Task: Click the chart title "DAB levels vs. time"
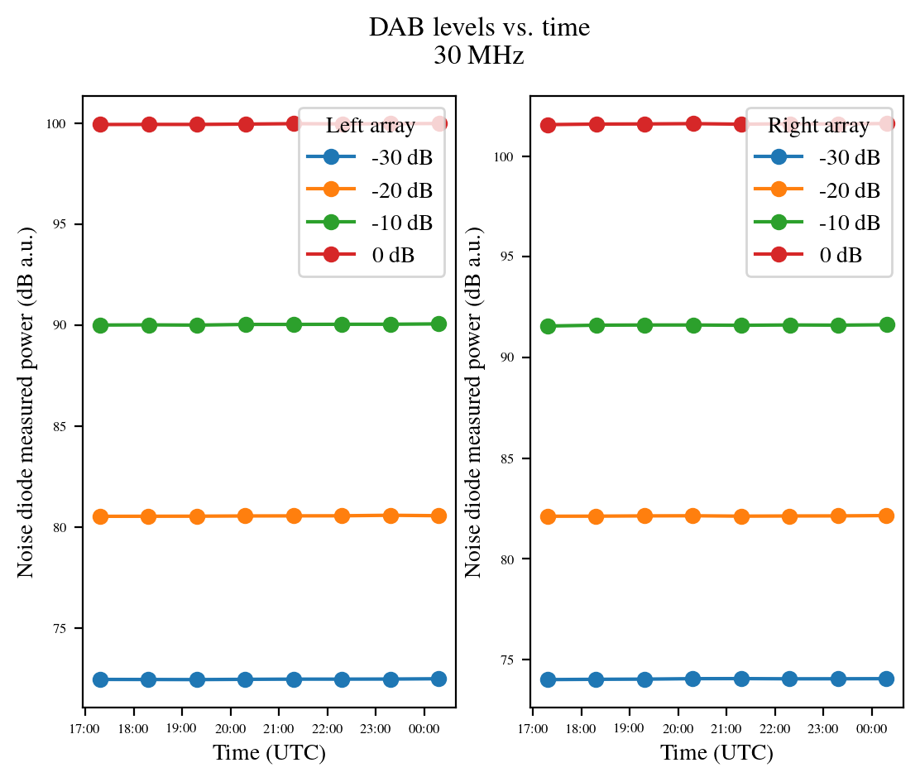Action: pyautogui.click(x=479, y=28)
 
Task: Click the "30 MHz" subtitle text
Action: pyautogui.click(x=479, y=56)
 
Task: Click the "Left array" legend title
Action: pyautogui.click(x=371, y=126)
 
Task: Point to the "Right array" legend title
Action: pyautogui.click(x=818, y=126)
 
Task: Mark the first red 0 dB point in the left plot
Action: pyautogui.click(x=101, y=124)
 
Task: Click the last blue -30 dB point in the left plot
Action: pyautogui.click(x=438, y=679)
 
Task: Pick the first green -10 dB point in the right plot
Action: pyautogui.click(x=548, y=326)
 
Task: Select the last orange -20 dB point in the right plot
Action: pyautogui.click(x=886, y=516)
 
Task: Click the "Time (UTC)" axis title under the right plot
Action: pyautogui.click(x=716, y=753)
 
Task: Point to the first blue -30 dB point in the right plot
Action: pyautogui.click(x=548, y=679)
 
